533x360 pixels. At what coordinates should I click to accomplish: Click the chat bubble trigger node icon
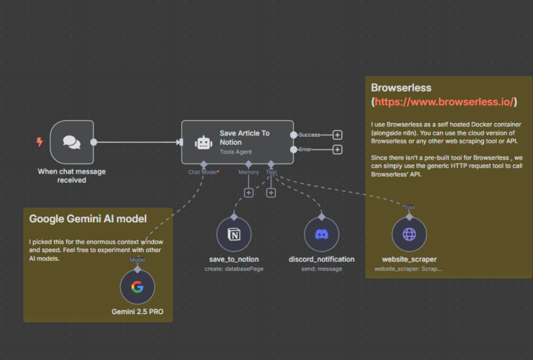72,142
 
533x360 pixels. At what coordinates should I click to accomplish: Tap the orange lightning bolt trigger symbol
40,142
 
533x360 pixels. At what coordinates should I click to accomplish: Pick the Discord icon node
321,235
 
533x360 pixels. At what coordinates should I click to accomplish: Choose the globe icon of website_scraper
408,235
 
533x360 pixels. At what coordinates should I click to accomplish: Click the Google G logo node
137,287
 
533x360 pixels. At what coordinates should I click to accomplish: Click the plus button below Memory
248,192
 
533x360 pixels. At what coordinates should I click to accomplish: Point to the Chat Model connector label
204,173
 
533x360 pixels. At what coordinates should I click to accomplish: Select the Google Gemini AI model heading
88,218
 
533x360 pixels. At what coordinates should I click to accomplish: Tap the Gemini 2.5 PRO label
137,312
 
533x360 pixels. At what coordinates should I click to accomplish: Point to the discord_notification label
321,259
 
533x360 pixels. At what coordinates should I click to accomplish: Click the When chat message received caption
71,176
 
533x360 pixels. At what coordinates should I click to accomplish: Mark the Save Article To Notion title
245,138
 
